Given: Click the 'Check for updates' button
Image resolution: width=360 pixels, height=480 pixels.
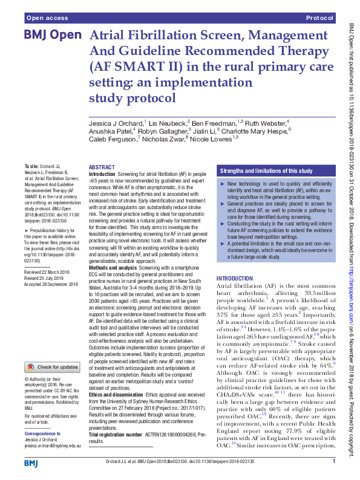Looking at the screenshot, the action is [52, 367].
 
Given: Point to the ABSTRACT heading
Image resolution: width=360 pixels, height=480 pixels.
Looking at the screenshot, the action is [102, 167].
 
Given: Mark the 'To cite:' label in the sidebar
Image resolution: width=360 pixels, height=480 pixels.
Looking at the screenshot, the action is [32, 166].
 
